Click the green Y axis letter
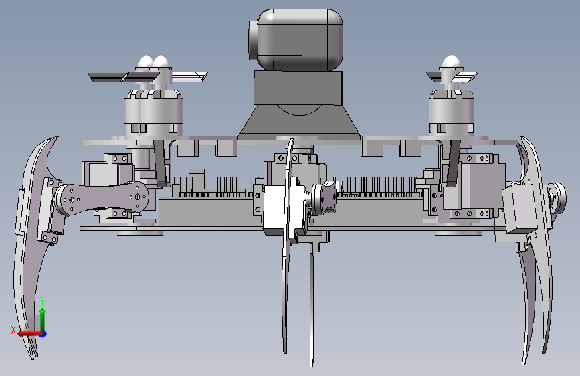(x=42, y=301)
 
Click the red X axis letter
(x=13, y=330)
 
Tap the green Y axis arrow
(x=43, y=320)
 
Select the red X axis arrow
(x=29, y=333)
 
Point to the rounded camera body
(x=300, y=39)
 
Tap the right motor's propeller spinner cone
(x=452, y=62)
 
